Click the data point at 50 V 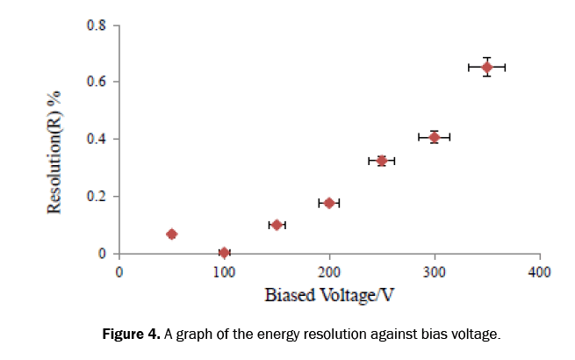tap(171, 234)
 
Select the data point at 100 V tap(224, 253)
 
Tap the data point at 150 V tap(277, 225)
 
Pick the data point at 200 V tap(329, 203)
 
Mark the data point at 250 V tap(382, 161)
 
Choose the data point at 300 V tap(435, 137)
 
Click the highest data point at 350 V tap(487, 67)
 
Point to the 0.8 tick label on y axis tap(96, 25)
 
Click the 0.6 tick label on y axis tap(96, 82)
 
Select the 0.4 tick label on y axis tap(96, 139)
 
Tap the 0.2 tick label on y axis tap(96, 197)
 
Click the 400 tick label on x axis tap(539, 271)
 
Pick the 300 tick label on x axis tap(435, 271)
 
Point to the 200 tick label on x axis tap(329, 271)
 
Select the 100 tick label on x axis tap(224, 271)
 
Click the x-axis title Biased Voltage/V tap(328, 295)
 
